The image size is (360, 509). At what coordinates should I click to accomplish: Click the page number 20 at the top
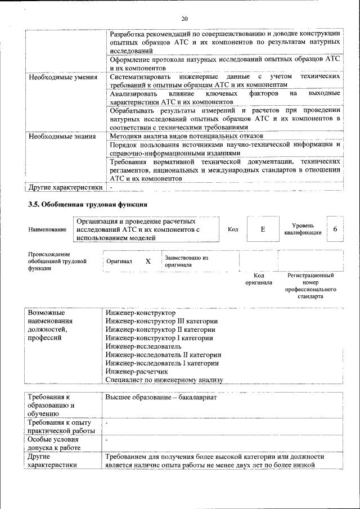point(184,20)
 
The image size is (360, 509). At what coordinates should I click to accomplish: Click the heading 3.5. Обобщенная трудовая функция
point(88,205)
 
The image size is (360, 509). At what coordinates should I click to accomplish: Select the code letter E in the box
point(262,229)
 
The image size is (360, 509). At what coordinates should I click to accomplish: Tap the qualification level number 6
point(335,229)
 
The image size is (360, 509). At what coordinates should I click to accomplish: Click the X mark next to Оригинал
point(148,262)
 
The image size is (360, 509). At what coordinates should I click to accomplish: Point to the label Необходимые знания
point(62,136)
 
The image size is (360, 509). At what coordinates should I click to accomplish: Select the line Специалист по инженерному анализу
point(164,380)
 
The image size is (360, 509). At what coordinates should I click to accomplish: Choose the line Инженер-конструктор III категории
point(161,321)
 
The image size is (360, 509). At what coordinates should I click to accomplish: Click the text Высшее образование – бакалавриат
point(160,397)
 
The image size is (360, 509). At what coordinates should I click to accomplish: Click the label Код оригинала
point(258,279)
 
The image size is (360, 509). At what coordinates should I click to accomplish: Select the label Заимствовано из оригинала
point(186,261)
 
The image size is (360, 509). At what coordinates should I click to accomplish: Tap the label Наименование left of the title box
point(47,229)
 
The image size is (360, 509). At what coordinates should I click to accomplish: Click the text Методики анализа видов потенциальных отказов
point(183,136)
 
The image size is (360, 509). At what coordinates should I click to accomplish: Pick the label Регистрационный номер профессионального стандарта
point(310,286)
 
